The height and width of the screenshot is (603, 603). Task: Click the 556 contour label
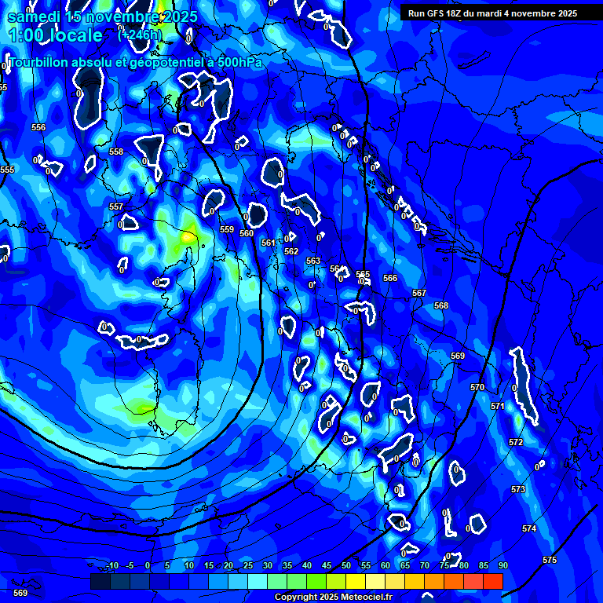tap(38, 127)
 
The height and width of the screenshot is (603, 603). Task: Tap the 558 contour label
tap(116, 152)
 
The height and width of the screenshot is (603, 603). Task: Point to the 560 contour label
tap(247, 233)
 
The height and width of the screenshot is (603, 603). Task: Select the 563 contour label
tap(313, 261)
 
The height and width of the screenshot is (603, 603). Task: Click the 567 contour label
tap(419, 293)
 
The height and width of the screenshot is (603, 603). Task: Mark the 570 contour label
tap(477, 387)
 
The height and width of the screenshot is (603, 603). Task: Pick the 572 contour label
tap(516, 443)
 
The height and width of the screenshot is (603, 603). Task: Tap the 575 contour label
tap(550, 560)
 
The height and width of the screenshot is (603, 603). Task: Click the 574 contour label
tap(529, 528)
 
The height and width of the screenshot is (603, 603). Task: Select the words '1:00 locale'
tap(55, 35)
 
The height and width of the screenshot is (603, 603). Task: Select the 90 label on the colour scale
tap(502, 565)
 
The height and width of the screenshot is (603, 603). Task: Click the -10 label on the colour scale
tap(111, 565)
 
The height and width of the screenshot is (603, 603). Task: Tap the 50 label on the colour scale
tap(346, 565)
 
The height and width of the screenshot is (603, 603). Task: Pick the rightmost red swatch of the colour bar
tap(492, 581)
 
